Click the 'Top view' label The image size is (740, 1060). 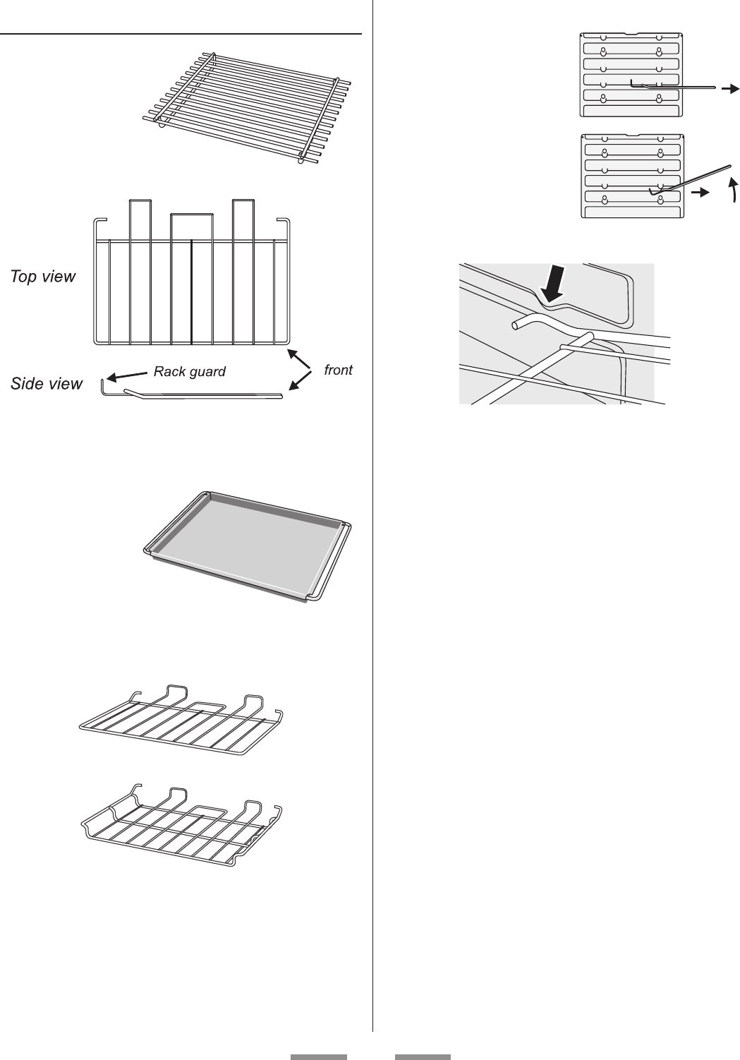coord(42,277)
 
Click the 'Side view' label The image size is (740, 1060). coord(47,384)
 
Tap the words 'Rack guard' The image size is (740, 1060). coord(190,371)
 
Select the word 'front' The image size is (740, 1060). coord(338,370)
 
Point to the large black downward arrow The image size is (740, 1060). coord(553,285)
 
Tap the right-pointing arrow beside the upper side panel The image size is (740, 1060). coord(729,88)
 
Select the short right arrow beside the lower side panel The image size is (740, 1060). coord(700,192)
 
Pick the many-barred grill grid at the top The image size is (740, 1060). coord(247,106)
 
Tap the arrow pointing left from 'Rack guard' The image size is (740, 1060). coord(127,375)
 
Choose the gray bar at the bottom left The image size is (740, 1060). coord(319,1056)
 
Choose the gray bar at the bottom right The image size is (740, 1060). coord(422,1056)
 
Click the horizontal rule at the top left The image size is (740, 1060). coord(181,33)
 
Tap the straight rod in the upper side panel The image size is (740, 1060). coord(677,88)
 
